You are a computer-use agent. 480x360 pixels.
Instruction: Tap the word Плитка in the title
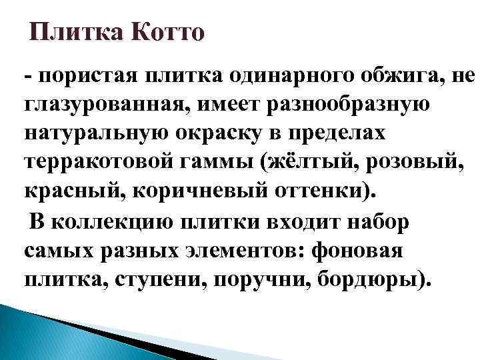tap(73, 32)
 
